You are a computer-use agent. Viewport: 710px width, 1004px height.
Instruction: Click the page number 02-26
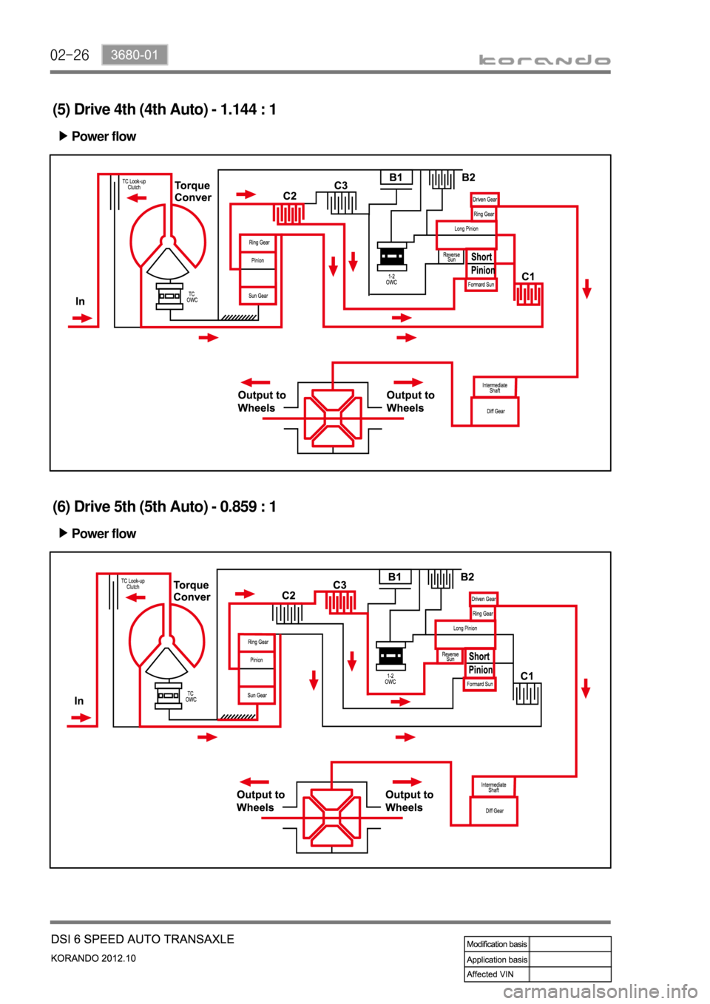(70, 55)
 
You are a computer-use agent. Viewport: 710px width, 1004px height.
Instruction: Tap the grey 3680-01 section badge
(135, 55)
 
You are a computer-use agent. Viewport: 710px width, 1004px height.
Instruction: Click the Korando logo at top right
(544, 61)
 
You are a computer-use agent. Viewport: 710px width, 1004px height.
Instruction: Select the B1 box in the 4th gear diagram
(396, 177)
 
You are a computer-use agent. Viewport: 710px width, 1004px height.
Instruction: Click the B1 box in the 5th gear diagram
(395, 577)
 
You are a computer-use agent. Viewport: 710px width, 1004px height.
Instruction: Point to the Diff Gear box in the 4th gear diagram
(496, 412)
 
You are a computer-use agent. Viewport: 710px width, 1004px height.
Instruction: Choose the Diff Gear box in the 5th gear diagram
(494, 811)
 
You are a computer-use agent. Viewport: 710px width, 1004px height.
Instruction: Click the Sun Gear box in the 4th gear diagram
(258, 296)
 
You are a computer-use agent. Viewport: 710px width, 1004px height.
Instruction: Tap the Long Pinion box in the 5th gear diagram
(465, 628)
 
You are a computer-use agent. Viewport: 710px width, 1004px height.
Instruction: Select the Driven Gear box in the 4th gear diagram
(485, 200)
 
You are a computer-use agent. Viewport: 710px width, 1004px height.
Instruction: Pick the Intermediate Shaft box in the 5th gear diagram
(493, 787)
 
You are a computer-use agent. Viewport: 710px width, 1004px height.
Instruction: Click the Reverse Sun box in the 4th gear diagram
(451, 257)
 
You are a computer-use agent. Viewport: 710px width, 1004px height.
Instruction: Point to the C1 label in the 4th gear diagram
(528, 277)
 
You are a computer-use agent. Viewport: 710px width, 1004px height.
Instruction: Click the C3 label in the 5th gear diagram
(339, 585)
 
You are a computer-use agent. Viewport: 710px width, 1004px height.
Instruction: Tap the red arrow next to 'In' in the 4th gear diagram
(81, 319)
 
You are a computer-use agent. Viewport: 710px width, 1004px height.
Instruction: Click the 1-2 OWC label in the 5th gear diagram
(390, 679)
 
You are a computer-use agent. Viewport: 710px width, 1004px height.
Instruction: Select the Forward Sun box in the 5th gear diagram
(480, 685)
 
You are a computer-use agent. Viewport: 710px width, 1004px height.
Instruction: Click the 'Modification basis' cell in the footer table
(497, 944)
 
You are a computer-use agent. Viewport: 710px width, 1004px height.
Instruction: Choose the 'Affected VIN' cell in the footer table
(490, 974)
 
